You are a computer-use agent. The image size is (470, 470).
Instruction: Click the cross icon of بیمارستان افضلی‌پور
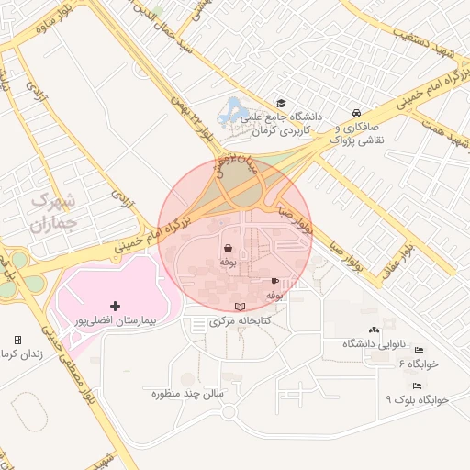pos(115,306)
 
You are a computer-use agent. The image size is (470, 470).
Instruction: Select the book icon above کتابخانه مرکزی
pos(241,307)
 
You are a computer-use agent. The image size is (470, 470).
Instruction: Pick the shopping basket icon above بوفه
pos(227,248)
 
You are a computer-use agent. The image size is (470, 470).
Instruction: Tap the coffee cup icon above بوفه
pos(274,282)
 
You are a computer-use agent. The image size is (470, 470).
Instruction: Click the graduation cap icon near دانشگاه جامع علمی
pos(280,104)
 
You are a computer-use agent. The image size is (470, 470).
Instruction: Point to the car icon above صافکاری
pos(353,113)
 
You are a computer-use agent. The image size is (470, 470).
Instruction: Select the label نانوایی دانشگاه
pos(372,343)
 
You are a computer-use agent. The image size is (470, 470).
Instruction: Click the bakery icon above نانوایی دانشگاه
pos(372,330)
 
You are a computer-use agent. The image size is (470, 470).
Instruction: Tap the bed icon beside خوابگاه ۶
pos(419,351)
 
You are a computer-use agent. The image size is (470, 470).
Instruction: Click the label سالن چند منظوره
pos(189,394)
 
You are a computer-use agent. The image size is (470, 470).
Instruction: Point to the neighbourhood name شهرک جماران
pos(53,210)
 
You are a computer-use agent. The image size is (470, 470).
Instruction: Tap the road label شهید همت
pos(442,128)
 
